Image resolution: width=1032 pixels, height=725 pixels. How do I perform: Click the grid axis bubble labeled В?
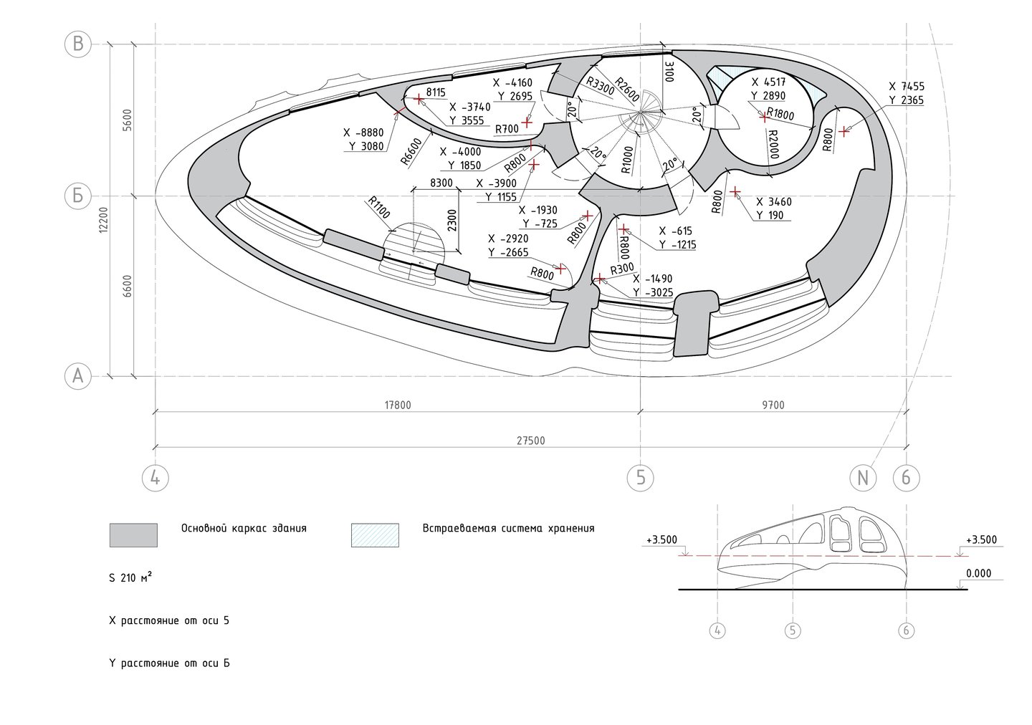[78, 44]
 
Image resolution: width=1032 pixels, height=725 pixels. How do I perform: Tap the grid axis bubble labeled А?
[78, 376]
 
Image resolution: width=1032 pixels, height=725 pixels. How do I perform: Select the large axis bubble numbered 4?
[156, 478]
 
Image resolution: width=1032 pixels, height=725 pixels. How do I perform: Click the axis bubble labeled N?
[863, 478]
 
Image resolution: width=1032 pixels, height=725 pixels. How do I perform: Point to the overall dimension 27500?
[531, 441]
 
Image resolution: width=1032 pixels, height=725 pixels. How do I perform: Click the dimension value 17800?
[398, 405]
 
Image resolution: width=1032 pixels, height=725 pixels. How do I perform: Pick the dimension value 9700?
[773, 405]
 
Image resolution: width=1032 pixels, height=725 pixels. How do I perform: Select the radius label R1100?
[379, 208]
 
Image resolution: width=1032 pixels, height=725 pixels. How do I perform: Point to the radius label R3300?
[601, 86]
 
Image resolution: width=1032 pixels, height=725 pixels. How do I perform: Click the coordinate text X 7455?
[906, 87]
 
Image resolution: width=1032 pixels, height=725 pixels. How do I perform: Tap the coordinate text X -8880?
[363, 133]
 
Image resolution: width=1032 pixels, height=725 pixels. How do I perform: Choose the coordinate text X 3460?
[774, 202]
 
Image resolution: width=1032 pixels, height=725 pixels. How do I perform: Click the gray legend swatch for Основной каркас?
[133, 534]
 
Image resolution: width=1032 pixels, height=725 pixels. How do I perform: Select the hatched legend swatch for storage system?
[375, 534]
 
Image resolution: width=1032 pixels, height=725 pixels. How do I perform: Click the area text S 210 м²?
[131, 577]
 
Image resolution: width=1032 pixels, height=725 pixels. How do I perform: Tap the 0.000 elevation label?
[978, 573]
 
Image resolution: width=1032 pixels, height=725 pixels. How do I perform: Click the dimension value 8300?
[441, 183]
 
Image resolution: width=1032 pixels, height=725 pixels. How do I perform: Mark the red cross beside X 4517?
[764, 117]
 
